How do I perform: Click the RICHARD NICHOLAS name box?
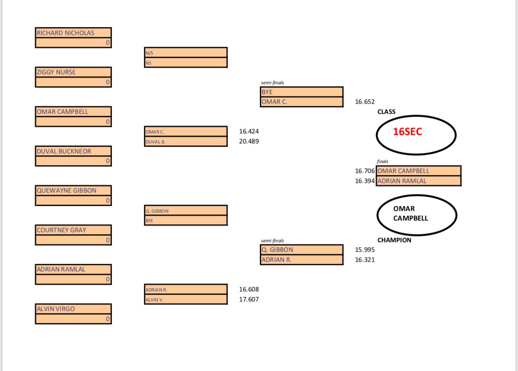[x=73, y=33]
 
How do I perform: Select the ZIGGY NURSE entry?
[x=73, y=72]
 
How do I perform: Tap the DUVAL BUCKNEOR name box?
[x=73, y=151]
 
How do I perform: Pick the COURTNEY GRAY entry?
[x=73, y=230]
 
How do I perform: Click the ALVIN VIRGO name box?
[x=73, y=309]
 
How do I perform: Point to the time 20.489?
[x=249, y=141]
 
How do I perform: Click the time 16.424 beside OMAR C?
[x=249, y=131]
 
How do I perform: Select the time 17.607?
[x=249, y=299]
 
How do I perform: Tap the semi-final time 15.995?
[x=365, y=250]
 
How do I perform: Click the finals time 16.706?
[x=365, y=171]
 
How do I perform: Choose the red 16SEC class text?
[x=407, y=132]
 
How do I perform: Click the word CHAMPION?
[x=394, y=240]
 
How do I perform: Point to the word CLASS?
[x=386, y=112]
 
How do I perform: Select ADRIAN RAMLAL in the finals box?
[x=418, y=181]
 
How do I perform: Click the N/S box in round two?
[x=185, y=53]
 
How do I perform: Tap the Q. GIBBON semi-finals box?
[x=302, y=250]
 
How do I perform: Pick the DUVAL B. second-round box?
[x=185, y=142]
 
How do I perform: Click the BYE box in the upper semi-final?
[x=302, y=92]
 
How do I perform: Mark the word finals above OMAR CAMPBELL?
[x=382, y=161]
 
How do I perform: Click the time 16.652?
[x=365, y=102]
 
